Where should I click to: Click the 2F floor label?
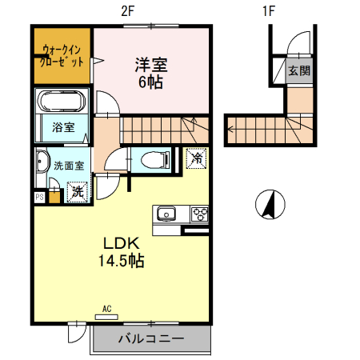click(126, 11)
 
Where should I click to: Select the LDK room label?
click(122, 242)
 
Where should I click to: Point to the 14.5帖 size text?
click(122, 260)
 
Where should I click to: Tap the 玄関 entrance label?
click(299, 70)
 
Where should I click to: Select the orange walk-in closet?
click(62, 58)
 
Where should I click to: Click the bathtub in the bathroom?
click(62, 103)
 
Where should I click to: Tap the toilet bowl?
click(151, 160)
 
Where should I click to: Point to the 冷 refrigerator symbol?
click(195, 158)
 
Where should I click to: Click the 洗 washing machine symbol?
click(77, 191)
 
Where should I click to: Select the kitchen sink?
click(167, 214)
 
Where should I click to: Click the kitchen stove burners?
click(198, 214)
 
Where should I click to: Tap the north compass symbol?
click(269, 205)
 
